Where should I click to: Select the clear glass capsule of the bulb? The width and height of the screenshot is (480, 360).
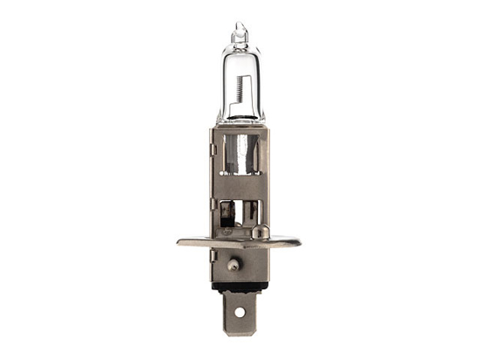[x=240, y=83]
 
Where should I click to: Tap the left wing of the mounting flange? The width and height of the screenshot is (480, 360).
[x=192, y=240]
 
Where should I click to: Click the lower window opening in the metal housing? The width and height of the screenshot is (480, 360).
[x=240, y=213]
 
